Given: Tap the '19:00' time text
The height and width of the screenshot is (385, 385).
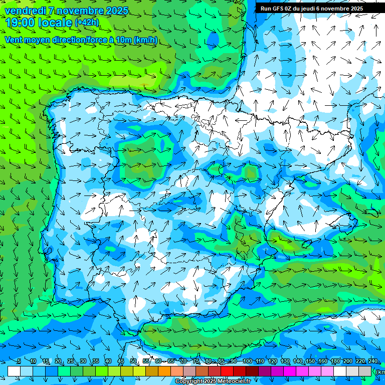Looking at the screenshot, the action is pyautogui.click(x=21, y=22).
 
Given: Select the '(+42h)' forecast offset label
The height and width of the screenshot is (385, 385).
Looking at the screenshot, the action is pyautogui.click(x=87, y=22).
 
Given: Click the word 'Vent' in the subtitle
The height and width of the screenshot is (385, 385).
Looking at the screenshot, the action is pyautogui.click(x=15, y=40).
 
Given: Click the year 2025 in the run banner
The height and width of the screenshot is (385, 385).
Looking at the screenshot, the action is pyautogui.click(x=355, y=9).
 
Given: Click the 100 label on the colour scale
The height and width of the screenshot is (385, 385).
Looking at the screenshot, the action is pyautogui.click(x=247, y=361).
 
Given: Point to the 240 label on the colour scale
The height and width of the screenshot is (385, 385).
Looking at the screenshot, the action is pyautogui.click(x=373, y=361).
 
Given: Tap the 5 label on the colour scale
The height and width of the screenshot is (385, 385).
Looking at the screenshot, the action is pyautogui.click(x=19, y=361).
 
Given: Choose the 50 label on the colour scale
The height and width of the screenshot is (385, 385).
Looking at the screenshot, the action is pyautogui.click(x=133, y=361).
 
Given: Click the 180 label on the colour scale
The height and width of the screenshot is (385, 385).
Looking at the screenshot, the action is pyautogui.click(x=335, y=361).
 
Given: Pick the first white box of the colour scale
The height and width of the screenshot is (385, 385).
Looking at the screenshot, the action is pyautogui.click(x=14, y=371).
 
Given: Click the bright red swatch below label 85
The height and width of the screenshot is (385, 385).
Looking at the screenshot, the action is pyautogui.click(x=227, y=371).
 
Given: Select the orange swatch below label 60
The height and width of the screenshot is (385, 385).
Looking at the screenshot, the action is pyautogui.click(x=164, y=371).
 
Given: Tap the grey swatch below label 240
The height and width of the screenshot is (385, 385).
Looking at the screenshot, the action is pyautogui.click(x=365, y=371).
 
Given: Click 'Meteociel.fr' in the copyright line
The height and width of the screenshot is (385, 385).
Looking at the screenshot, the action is pyautogui.click(x=234, y=381).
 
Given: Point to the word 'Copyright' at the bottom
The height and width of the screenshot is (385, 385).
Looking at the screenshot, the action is pyautogui.click(x=189, y=381).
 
